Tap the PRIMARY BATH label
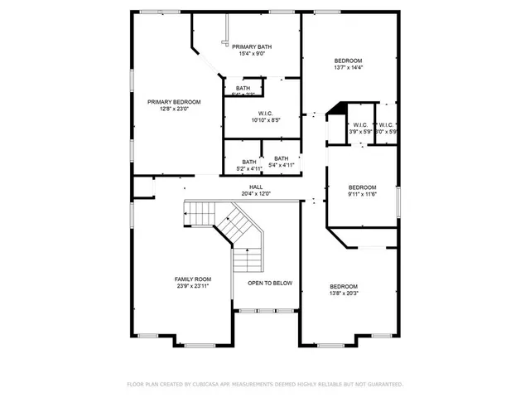coord(252,46)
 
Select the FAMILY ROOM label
coord(192,279)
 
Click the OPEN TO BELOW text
coord(271,284)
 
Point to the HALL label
coord(256,187)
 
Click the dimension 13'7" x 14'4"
coord(348,67)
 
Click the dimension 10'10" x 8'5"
coord(266,120)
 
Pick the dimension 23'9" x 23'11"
coord(192,286)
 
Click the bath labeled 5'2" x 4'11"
coord(249,169)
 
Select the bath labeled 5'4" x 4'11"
coord(282,165)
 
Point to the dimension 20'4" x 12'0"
coord(256,194)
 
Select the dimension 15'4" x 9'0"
coord(252,54)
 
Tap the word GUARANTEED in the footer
coord(383,385)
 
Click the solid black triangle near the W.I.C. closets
coord(335,109)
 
